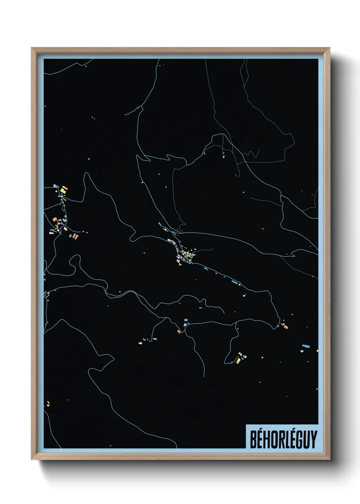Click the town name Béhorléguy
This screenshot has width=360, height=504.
tap(283, 439)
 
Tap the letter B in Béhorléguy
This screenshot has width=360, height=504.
tap(254, 439)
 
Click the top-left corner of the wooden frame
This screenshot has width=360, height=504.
tap(32, 48)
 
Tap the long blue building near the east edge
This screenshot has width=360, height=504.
tap(305, 346)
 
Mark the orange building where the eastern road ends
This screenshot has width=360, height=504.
tap(286, 327)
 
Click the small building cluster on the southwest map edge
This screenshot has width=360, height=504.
tap(48, 404)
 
